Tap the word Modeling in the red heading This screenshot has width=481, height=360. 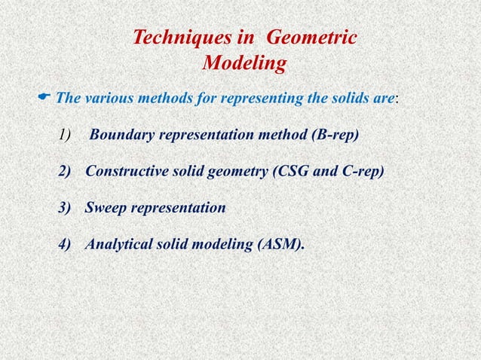[x=244, y=65]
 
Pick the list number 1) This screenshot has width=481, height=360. [x=65, y=136]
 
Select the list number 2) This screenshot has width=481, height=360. [x=68, y=172]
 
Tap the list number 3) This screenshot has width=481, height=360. [x=68, y=208]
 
